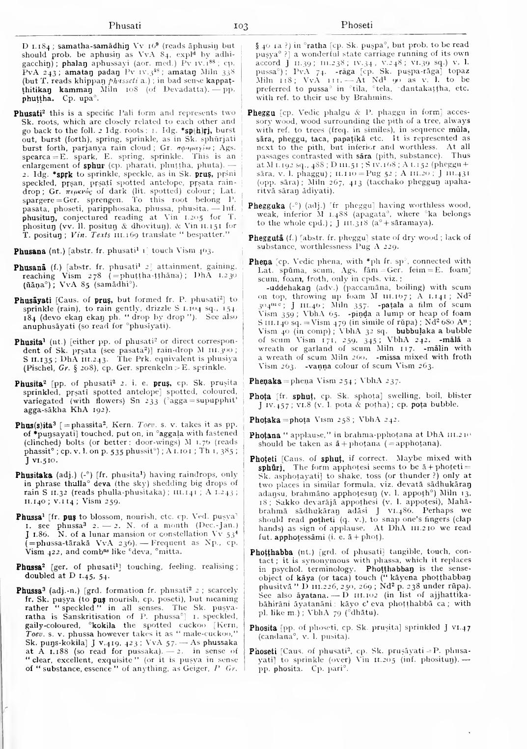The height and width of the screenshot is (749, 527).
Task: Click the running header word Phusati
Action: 125,25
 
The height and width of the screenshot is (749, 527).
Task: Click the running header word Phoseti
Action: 357,25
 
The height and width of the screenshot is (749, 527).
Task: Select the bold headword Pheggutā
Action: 264,238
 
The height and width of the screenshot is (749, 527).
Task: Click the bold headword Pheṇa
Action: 258,261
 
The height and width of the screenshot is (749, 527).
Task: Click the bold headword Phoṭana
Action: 264,435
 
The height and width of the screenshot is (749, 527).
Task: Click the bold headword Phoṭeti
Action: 263,458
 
